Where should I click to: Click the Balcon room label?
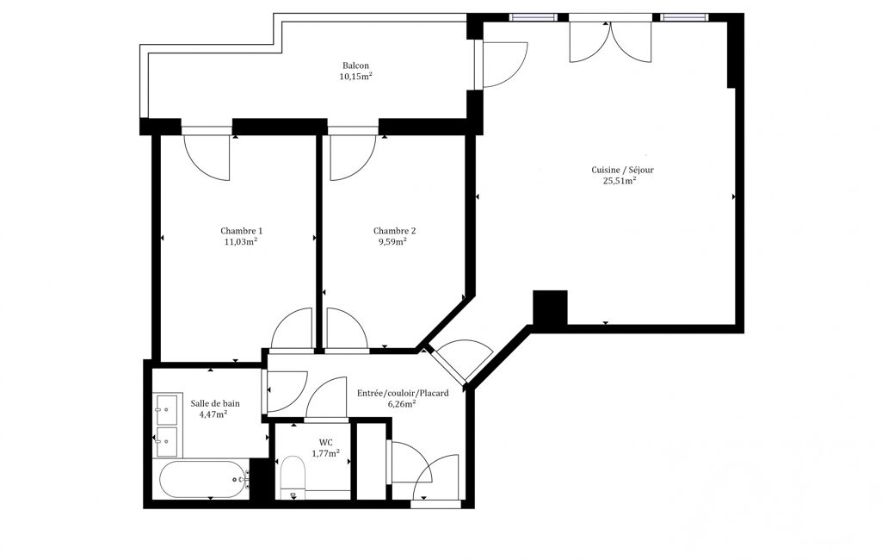coord(355,66)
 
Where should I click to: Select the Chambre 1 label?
coord(241,231)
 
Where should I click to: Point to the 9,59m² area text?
coord(392,242)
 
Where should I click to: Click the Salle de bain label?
coord(215,403)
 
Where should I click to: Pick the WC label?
coord(325,443)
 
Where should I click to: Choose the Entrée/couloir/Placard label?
coord(403,393)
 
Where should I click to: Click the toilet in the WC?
coord(293,477)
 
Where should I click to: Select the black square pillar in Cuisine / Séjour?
coord(550,308)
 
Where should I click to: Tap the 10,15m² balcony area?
coord(355,77)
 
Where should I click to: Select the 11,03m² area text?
coord(241,242)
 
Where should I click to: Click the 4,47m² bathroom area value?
coord(213,414)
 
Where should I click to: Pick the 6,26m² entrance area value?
coord(402,403)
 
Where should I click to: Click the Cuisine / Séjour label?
coord(623,170)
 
